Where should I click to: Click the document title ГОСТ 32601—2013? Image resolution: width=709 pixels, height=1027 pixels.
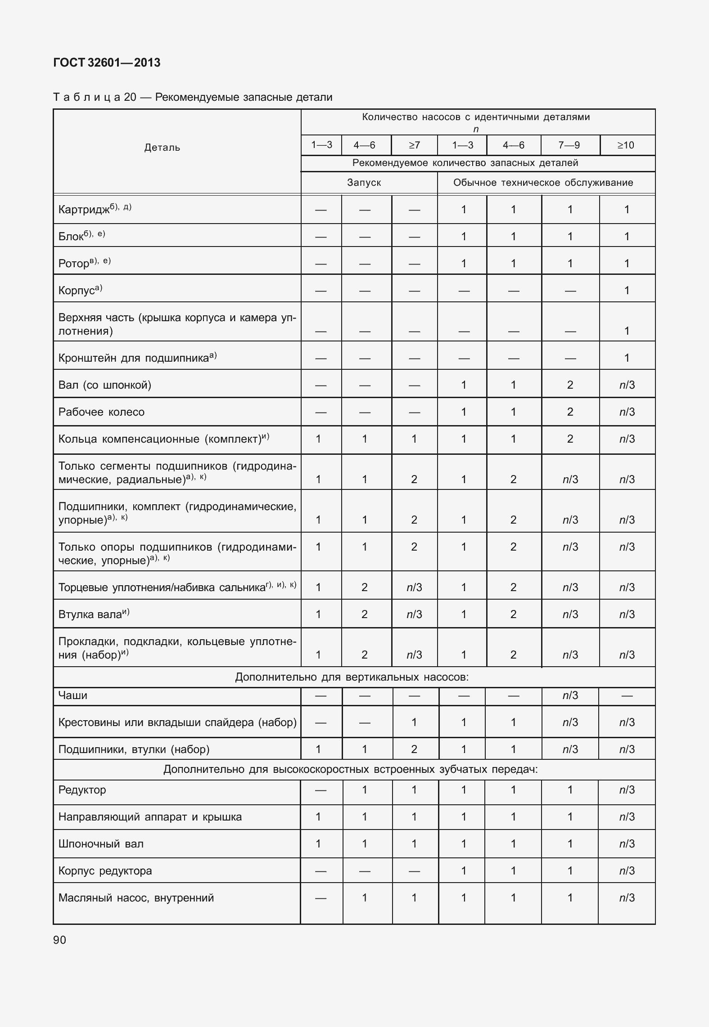point(107,63)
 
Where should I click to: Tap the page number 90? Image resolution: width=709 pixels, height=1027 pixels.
point(59,940)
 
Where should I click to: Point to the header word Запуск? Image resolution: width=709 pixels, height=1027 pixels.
point(364,183)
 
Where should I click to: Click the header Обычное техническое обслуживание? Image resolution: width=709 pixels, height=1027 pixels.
point(543,183)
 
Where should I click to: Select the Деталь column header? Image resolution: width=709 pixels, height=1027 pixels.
point(162,148)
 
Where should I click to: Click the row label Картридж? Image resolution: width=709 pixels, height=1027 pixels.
point(84,210)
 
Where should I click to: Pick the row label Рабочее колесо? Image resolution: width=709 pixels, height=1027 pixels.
point(101,412)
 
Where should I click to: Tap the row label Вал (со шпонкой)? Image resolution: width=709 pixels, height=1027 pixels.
point(105,385)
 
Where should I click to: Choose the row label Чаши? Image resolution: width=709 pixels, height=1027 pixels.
point(73,695)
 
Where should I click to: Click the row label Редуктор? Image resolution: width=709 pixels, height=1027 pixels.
point(82,790)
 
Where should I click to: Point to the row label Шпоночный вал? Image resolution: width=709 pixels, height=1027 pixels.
point(101,844)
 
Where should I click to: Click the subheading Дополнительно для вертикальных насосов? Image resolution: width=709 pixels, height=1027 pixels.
point(352,677)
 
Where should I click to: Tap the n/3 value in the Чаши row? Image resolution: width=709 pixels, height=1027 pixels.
point(570,696)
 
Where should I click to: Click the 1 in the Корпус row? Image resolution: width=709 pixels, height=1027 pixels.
point(627,291)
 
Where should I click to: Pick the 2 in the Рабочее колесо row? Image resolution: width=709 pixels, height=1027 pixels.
point(570,412)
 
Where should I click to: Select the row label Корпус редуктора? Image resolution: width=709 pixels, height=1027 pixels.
point(105,871)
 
